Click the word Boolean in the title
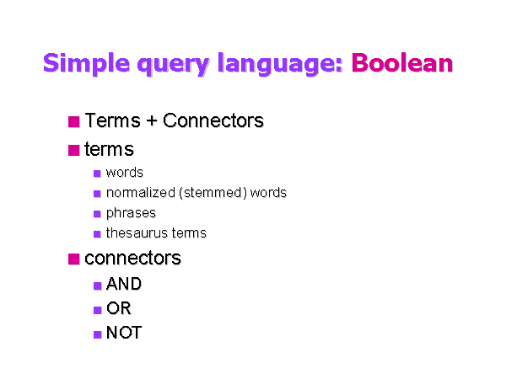coord(401,63)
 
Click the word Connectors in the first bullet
coord(213,121)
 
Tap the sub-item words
coord(124,173)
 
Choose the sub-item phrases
coord(131,213)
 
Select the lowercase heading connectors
coord(132,259)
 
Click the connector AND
coord(123,285)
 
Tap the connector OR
coord(118,309)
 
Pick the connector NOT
coord(123,334)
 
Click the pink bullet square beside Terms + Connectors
coord(74,121)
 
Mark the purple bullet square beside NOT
coord(98,334)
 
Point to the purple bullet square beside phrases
coord(98,214)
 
